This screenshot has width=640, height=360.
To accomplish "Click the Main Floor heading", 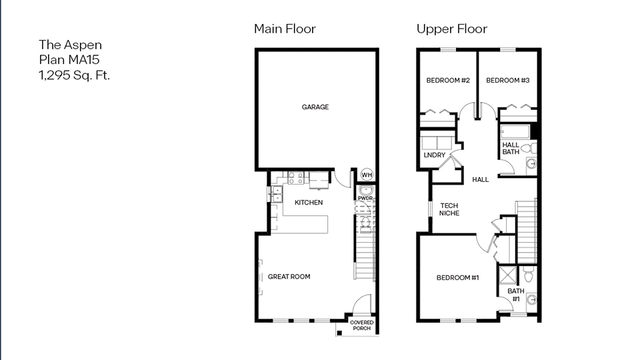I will coord(285,29).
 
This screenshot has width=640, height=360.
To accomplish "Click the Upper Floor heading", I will coord(451,29).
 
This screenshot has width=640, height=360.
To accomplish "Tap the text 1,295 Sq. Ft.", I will coord(74,75).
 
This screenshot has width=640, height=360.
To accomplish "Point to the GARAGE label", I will coord(315,107).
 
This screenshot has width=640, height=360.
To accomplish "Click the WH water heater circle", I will coord(367,175).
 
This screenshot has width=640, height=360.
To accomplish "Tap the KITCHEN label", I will coord(309,203).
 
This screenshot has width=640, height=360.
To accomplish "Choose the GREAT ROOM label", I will coord(289,277).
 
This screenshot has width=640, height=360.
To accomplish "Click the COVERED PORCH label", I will coord(362,325).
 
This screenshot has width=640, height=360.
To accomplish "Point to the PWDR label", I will coord(365,198).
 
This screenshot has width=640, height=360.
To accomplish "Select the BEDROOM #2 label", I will coord(448,81).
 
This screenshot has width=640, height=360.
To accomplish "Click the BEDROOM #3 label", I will coord(507,81).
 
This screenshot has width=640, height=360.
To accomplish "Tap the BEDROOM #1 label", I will coord(458,278).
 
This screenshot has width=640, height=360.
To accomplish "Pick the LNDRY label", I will coord(434,156).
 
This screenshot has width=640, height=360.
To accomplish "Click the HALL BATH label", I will coord(511,149).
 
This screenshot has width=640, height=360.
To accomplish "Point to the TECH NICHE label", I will coord(449,209).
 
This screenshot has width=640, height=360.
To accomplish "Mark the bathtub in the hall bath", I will coord(515,131).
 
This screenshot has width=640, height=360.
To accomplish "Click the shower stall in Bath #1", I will coord(508,275).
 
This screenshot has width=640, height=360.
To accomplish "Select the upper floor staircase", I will coord(527,230).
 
